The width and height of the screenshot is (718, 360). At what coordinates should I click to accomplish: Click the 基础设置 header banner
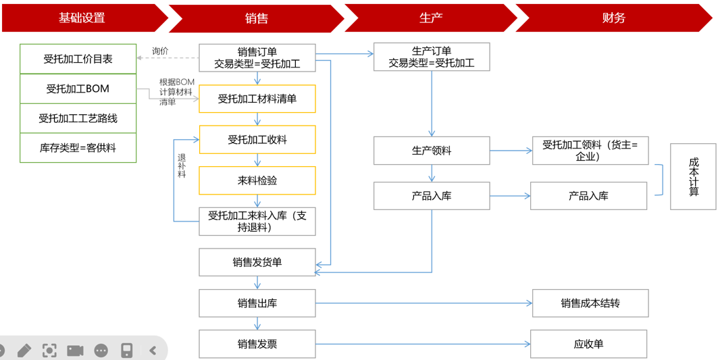(x=82, y=18)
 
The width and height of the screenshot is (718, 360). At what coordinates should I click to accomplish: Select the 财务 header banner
(x=613, y=18)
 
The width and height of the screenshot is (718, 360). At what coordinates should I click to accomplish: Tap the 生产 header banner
(x=430, y=18)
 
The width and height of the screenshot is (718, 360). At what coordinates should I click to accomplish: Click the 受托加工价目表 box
(x=78, y=59)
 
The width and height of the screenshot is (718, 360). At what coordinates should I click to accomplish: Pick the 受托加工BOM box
(x=78, y=89)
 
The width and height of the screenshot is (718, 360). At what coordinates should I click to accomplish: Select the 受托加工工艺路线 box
(x=78, y=119)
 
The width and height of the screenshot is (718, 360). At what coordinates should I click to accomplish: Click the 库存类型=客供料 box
(x=78, y=148)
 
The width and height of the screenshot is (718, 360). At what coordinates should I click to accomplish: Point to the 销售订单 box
(x=257, y=58)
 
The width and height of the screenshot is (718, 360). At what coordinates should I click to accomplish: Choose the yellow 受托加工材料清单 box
(x=257, y=99)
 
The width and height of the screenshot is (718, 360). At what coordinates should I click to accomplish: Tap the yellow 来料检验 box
(x=257, y=181)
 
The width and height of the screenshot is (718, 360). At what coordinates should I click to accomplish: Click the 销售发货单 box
(x=257, y=263)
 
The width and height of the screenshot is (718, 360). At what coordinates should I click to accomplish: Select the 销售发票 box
(x=257, y=344)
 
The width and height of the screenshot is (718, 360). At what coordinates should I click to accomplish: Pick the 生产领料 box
(x=432, y=151)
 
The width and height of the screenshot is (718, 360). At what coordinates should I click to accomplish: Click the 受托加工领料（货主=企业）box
(x=590, y=151)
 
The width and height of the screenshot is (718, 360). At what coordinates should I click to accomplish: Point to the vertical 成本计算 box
(x=693, y=177)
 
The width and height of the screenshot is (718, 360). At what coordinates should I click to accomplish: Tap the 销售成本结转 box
(x=590, y=303)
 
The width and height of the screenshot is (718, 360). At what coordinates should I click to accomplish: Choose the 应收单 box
(x=588, y=344)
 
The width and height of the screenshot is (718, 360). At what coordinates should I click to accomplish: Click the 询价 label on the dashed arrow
(x=160, y=51)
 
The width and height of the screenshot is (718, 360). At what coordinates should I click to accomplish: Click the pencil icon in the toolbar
(x=24, y=350)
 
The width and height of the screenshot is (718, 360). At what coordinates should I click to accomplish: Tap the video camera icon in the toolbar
(x=75, y=350)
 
